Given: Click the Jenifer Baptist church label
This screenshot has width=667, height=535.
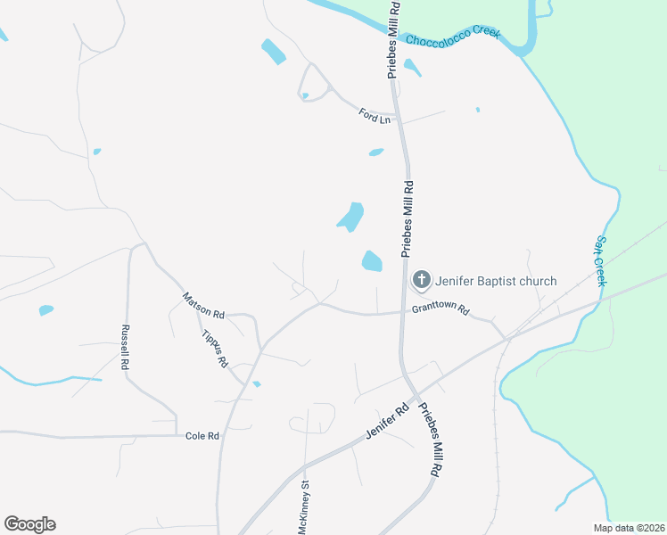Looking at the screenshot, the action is point(496,281).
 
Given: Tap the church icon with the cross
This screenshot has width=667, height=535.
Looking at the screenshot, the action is point(421,281).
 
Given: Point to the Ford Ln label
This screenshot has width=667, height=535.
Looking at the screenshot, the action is point(375,115).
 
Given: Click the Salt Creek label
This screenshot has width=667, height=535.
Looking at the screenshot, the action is point(600,261).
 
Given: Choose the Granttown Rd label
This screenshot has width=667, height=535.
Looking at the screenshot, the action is point(440,310).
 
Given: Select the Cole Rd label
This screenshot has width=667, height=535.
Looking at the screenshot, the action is point(202,436).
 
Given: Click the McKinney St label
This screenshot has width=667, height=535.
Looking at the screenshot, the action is point(304,508).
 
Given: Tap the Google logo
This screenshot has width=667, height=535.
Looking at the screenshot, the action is point(29,524).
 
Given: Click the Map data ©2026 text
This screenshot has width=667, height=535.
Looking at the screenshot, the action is point(629,528).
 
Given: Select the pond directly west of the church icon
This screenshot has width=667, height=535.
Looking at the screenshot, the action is point(372,261).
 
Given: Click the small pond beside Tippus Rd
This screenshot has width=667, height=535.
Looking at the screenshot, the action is point(256,384).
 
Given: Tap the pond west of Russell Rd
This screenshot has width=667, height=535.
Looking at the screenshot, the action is point(46,310).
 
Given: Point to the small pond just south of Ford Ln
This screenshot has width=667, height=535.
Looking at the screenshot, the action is point(376,152).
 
